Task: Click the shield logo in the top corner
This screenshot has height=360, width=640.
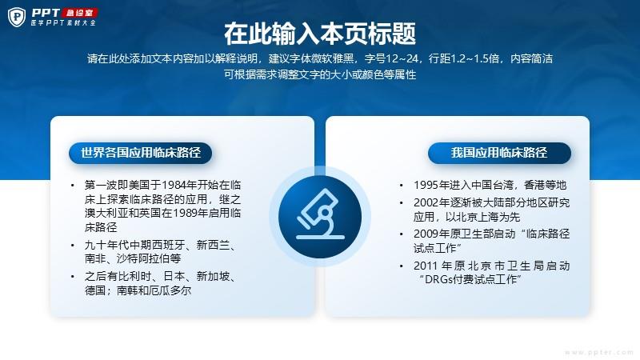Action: click(x=17, y=17)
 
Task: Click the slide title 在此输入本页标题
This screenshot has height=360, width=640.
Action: click(x=320, y=34)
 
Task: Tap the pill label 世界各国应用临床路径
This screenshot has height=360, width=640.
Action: click(x=141, y=153)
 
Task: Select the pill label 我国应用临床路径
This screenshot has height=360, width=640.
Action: click(x=499, y=153)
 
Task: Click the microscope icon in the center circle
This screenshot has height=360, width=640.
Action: click(x=321, y=214)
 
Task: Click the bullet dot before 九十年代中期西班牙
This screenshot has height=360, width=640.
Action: click(x=73, y=246)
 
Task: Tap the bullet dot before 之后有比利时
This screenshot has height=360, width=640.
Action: click(x=73, y=277)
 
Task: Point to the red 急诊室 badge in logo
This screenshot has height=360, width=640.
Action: click(x=80, y=13)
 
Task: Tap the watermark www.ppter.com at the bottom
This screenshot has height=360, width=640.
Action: click(x=598, y=352)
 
